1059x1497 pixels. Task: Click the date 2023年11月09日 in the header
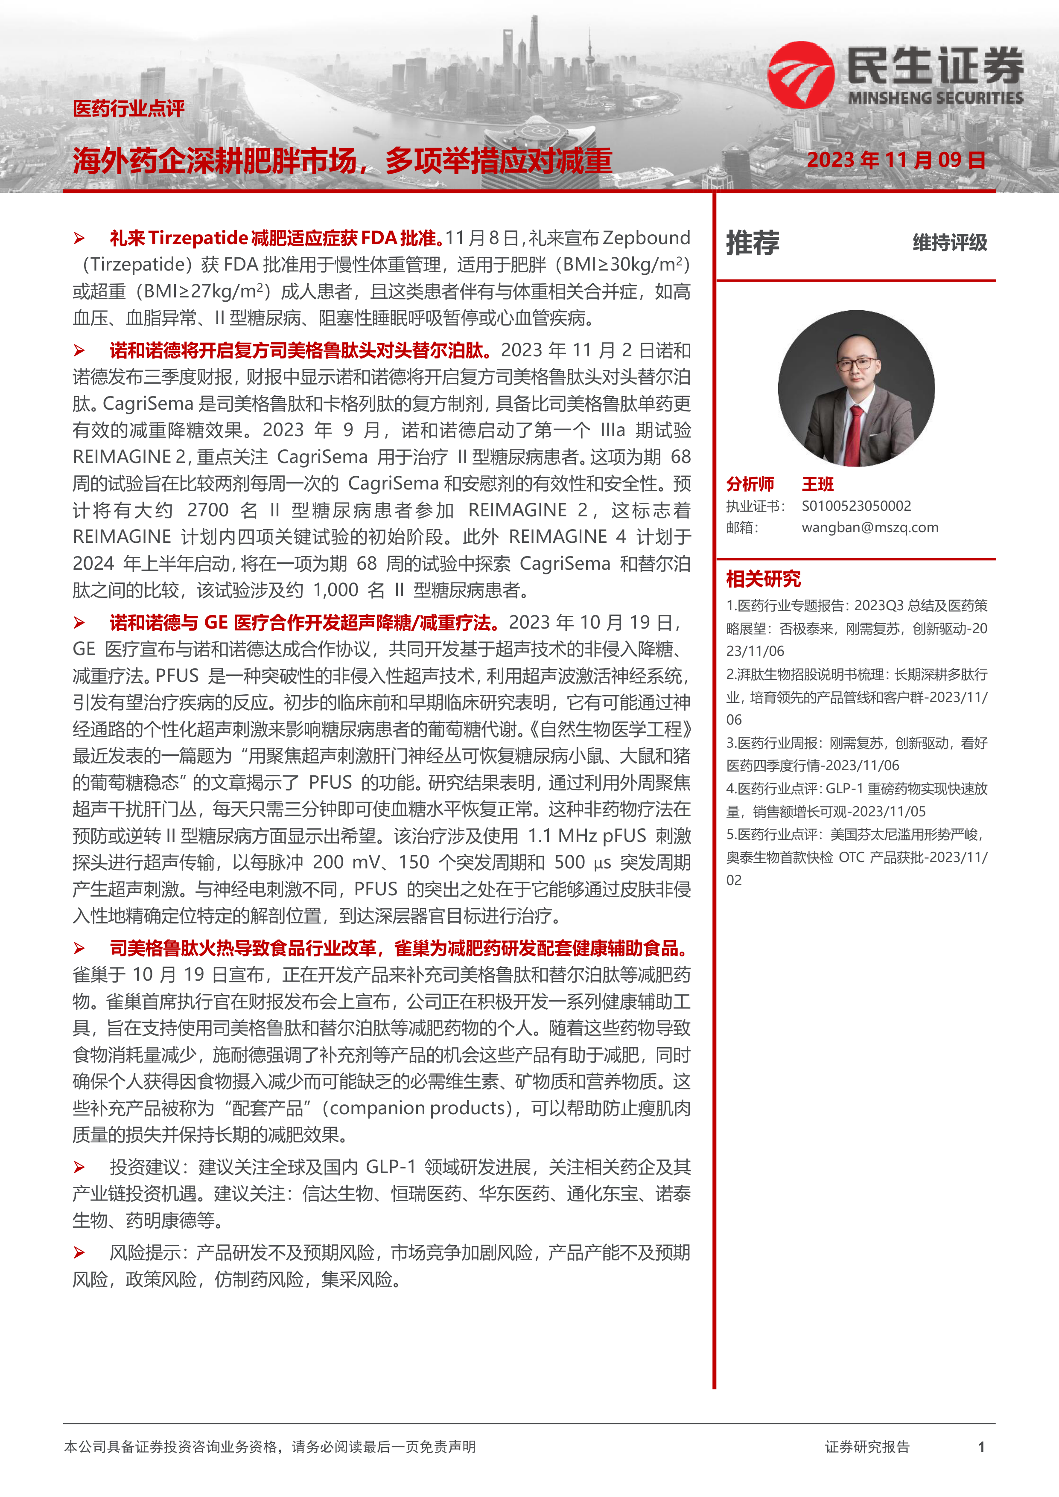coord(896,160)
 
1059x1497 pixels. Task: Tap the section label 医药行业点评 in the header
coord(128,108)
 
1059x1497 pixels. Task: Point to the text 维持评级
coord(949,242)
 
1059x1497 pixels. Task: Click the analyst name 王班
coord(818,484)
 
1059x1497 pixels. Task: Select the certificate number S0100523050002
coord(856,506)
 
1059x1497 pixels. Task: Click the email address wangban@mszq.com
coord(870,527)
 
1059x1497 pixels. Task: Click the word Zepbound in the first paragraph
coord(646,238)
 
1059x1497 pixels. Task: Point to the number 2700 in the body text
coord(207,510)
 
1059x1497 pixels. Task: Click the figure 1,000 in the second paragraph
coord(336,590)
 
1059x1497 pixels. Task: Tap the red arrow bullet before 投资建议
coord(79,1167)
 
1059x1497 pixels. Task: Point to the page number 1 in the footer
coord(981,1447)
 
